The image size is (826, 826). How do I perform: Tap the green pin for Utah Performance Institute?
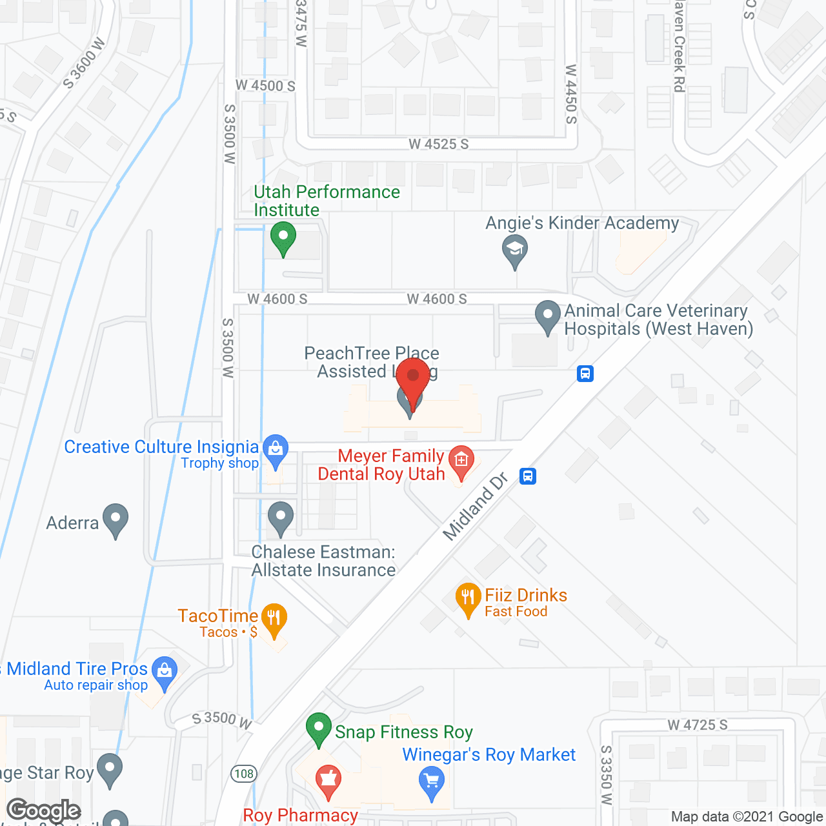click(283, 237)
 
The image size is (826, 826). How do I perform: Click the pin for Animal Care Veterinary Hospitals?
click(548, 317)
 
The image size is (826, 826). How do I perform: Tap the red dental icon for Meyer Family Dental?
click(461, 461)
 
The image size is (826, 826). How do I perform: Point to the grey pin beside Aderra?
click(116, 519)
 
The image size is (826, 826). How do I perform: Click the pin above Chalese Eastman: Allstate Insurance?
click(281, 518)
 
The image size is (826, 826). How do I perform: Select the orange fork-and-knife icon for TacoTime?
click(274, 619)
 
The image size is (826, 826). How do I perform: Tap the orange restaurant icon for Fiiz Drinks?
click(468, 598)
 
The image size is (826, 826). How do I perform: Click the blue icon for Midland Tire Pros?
click(165, 672)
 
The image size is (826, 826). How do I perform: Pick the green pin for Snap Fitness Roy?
click(318, 729)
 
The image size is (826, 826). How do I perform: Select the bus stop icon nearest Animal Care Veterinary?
click(585, 374)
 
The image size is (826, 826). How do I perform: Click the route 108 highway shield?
click(245, 774)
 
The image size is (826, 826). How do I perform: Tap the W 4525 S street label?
click(439, 144)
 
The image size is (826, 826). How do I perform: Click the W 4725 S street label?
click(698, 725)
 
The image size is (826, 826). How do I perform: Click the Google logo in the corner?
click(44, 811)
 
